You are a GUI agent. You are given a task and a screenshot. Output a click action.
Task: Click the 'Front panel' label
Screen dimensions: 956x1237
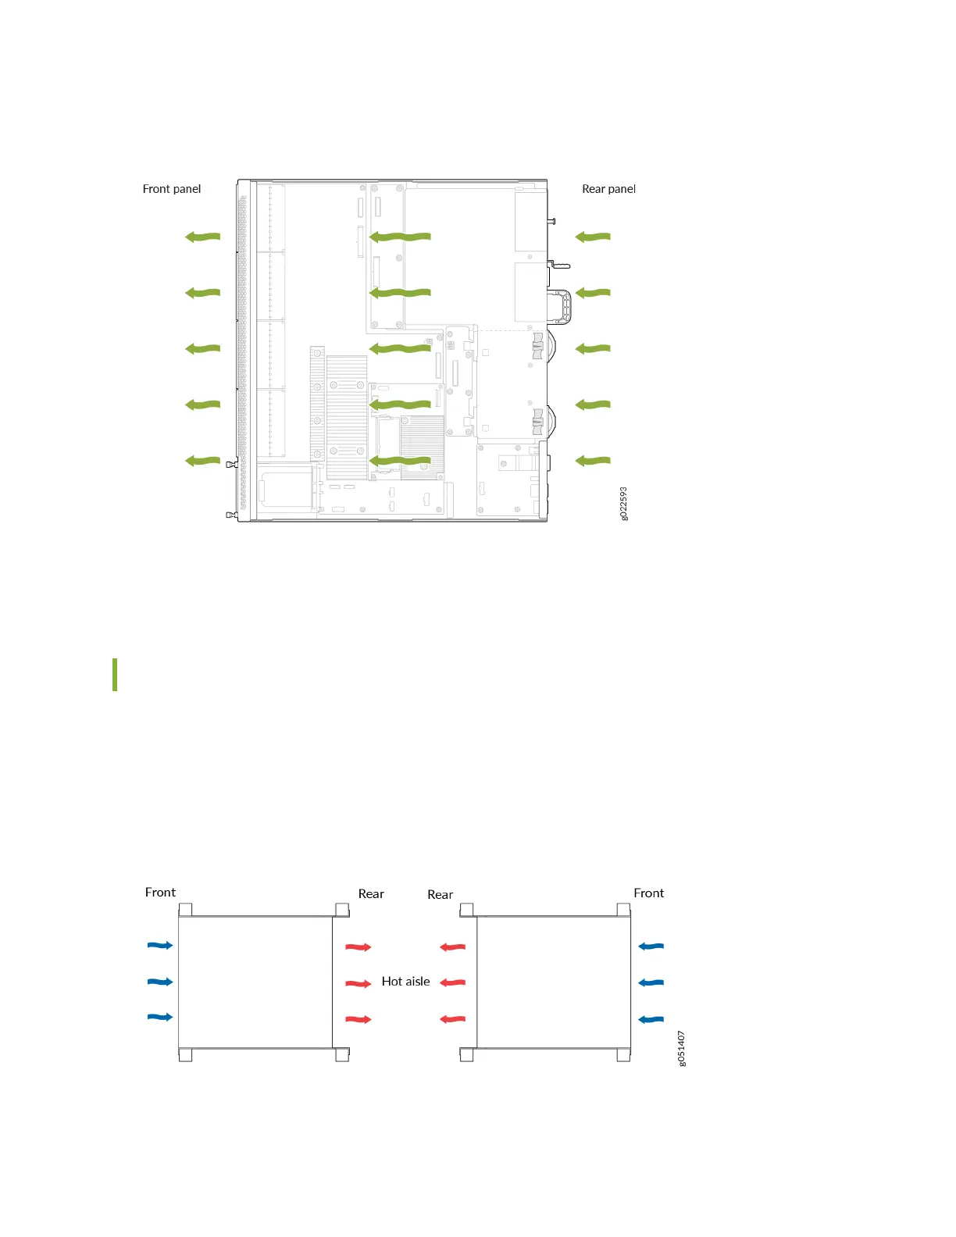(x=172, y=189)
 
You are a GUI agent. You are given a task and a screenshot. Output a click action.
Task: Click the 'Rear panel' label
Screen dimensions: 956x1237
(x=608, y=189)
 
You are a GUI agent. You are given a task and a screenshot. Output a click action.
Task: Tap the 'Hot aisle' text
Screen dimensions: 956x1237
(x=405, y=982)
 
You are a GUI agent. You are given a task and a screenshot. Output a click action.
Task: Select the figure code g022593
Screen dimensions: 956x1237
(x=623, y=504)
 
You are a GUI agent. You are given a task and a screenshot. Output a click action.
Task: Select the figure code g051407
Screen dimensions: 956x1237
(x=682, y=1048)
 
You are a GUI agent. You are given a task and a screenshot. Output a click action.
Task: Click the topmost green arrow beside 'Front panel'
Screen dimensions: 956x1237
(x=202, y=237)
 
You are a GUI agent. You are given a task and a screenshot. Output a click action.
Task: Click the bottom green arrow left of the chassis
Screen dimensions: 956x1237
(x=202, y=461)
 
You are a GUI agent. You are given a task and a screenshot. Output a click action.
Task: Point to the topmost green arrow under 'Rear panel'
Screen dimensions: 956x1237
(x=593, y=237)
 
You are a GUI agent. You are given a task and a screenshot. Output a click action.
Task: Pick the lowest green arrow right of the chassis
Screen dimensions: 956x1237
(x=593, y=461)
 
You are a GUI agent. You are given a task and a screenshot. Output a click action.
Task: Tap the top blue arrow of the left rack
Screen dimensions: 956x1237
(x=160, y=946)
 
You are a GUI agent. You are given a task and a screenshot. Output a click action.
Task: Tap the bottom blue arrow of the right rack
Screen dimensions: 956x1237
(x=651, y=1019)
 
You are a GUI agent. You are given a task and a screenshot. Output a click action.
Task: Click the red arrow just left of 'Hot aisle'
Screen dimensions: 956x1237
(x=358, y=983)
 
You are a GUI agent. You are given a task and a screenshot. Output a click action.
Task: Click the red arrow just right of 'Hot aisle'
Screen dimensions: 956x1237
(x=453, y=982)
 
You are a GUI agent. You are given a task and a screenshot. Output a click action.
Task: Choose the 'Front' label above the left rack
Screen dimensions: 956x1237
(x=160, y=893)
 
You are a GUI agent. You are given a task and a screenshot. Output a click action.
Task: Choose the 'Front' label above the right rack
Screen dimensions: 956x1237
(x=648, y=893)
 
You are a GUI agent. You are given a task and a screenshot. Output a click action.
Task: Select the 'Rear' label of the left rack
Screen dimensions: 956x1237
(x=371, y=894)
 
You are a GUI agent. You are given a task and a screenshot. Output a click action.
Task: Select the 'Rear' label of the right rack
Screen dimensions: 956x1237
(x=440, y=895)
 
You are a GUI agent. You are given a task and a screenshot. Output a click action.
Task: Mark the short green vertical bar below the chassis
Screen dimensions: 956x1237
(x=115, y=675)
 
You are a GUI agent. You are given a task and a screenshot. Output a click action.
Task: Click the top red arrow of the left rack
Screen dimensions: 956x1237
(x=358, y=947)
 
